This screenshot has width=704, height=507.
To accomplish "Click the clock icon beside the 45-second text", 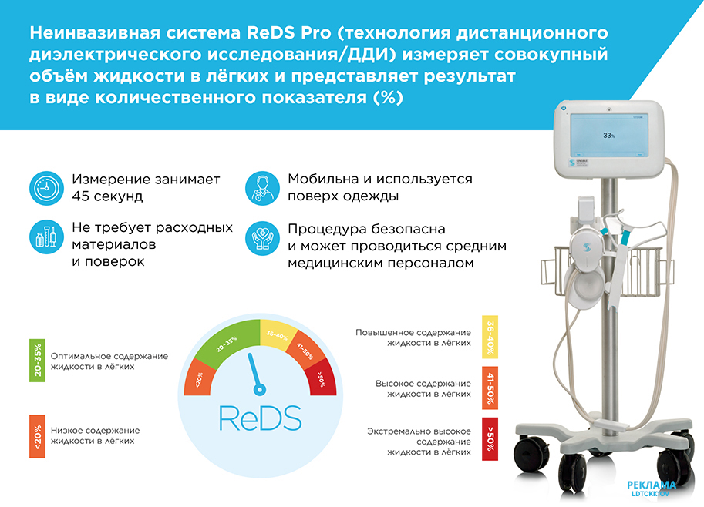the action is point(47,189).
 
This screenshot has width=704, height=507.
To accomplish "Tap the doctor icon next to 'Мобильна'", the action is point(263,189).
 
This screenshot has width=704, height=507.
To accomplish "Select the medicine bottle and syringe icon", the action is point(47,237).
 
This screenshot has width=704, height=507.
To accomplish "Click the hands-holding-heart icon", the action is point(263,238).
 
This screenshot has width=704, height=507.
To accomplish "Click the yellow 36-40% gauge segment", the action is point(277,334).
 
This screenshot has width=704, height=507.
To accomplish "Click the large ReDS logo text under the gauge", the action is point(260,418).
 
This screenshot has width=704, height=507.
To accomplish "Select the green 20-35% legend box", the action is point(37,361).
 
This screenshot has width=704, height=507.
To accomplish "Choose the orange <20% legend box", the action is point(37,436).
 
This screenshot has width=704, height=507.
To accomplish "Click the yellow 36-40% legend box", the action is point(490,337).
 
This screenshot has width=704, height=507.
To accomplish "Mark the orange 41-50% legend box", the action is point(490,388).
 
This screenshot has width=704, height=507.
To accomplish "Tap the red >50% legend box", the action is point(490,439).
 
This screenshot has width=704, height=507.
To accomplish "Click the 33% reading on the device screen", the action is point(609,136).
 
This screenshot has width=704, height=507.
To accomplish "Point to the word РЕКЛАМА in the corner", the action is point(651,485).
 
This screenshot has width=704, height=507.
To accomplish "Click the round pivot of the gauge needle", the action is point(260,389).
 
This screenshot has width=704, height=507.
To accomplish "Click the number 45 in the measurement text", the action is point(81,196).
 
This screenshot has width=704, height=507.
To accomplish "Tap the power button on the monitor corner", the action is point(564,108).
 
